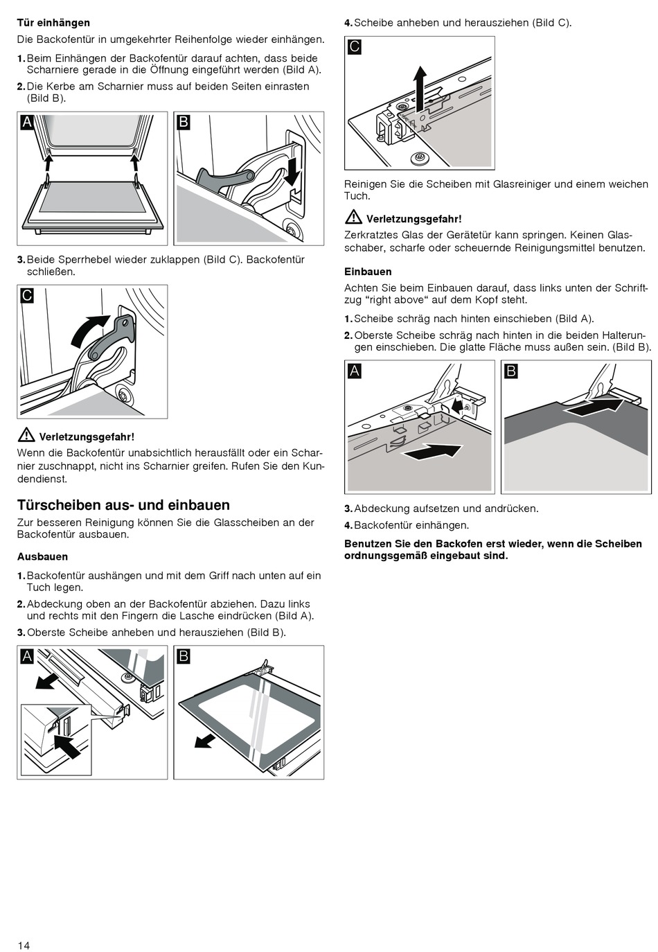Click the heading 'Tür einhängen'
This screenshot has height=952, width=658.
point(53,23)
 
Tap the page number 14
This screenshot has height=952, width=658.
point(24,945)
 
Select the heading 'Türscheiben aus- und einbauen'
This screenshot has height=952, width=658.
point(123,505)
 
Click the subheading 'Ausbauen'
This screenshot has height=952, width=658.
point(42,556)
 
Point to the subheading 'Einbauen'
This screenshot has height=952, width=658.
point(368,272)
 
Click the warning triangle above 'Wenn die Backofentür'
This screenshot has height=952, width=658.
point(26,435)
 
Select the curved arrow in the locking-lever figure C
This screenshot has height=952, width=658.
point(89,330)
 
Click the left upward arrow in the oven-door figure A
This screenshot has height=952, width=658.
point(48,164)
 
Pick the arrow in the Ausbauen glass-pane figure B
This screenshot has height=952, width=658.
point(205,741)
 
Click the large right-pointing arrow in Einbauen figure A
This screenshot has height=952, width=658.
point(431,452)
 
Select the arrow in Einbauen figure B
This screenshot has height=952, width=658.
point(598,405)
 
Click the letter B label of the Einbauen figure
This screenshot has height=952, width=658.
point(511,371)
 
